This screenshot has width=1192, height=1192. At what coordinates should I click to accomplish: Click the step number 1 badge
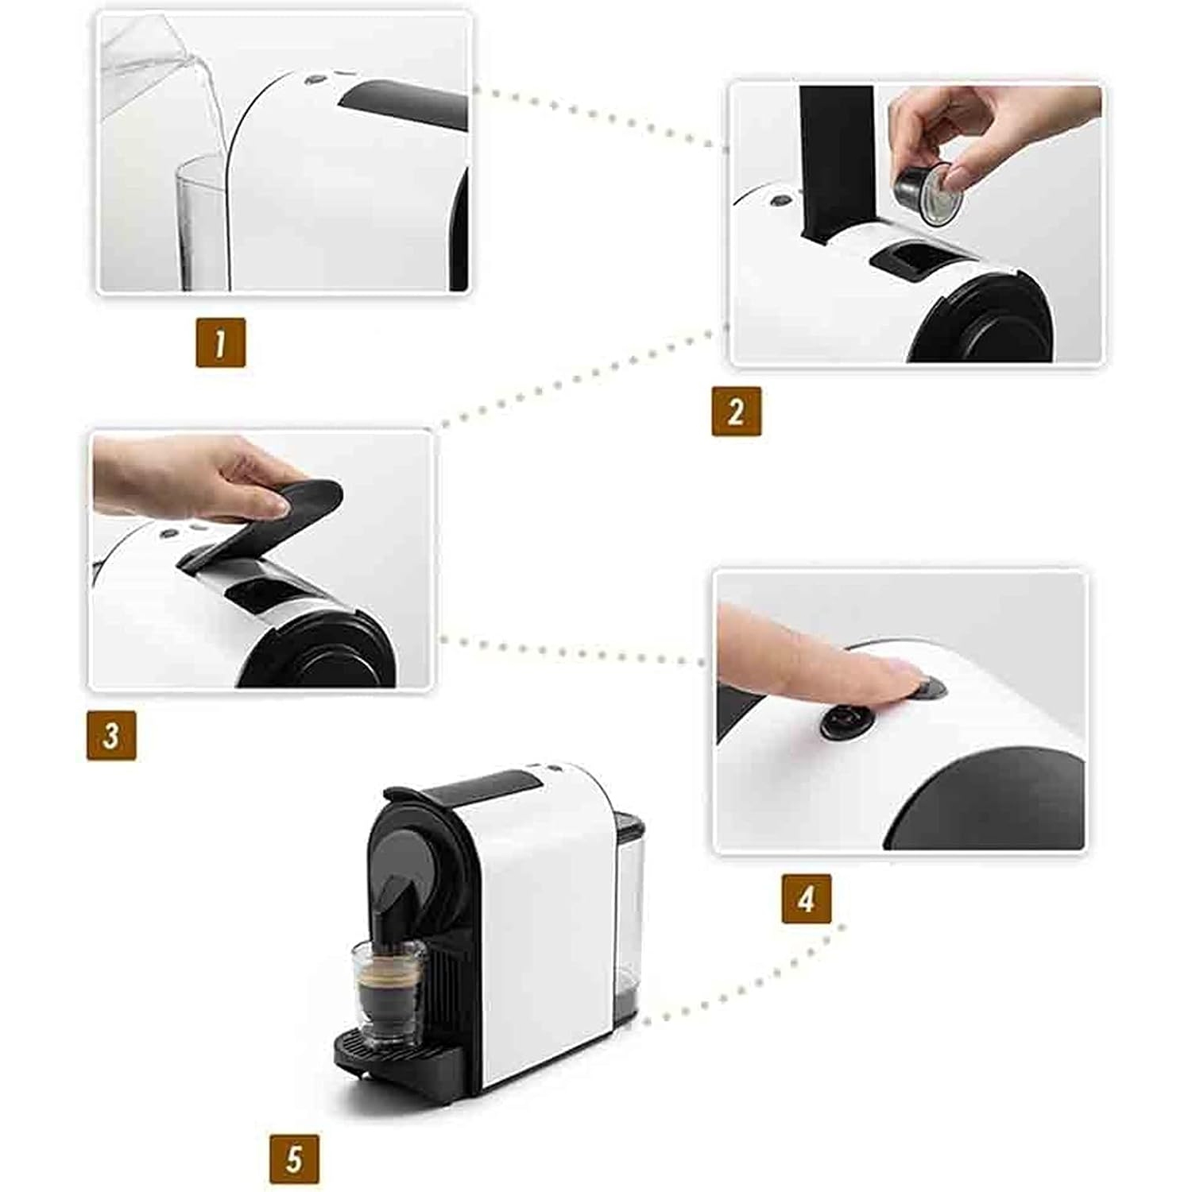220,343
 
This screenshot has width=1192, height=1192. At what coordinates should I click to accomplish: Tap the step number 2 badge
736,411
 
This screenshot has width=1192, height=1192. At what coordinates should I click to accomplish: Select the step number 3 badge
111,735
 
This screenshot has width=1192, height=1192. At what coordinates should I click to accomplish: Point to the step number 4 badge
806,899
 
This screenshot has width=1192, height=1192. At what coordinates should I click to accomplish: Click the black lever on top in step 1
405,103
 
